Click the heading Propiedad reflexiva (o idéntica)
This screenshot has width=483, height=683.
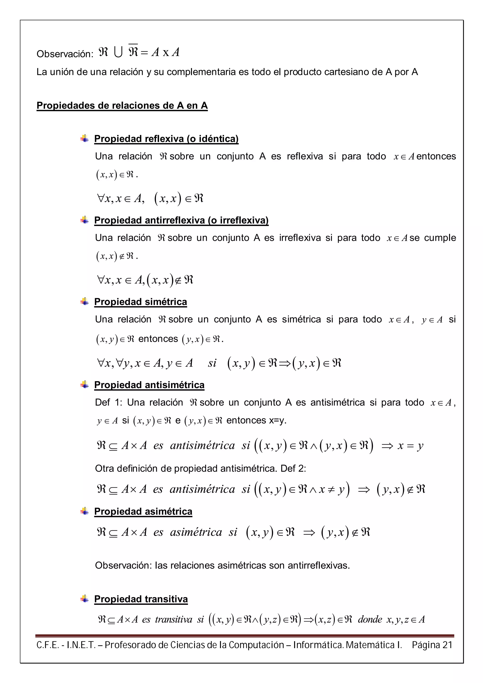(166, 139)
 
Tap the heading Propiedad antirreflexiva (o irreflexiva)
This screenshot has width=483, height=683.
(181, 220)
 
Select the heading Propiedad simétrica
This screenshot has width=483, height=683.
(141, 302)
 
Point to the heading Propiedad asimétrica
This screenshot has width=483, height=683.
(143, 511)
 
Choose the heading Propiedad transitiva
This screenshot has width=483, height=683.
(141, 599)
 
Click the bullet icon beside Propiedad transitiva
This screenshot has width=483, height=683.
(84, 599)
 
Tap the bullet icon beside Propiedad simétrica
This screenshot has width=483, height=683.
(84, 301)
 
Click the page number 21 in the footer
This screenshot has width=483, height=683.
(447, 645)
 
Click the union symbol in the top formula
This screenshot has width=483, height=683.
(118, 53)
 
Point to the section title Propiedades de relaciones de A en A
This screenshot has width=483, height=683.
(122, 106)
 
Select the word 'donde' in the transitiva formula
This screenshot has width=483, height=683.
(370, 619)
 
